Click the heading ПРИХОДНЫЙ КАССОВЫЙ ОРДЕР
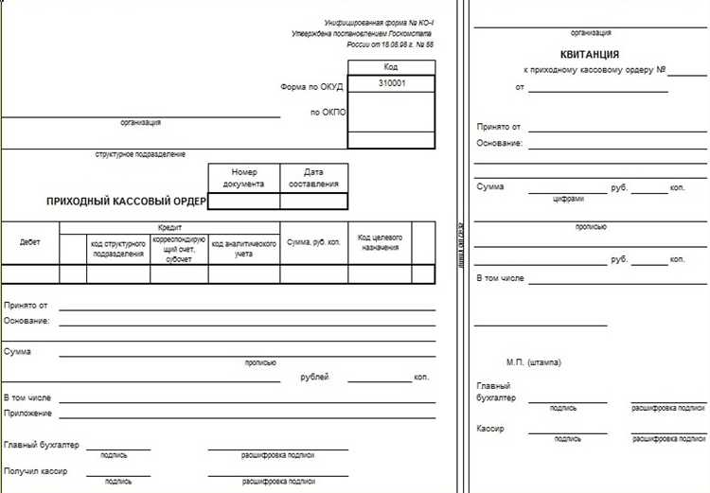127,202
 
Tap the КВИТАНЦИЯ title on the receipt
589,55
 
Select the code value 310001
392,84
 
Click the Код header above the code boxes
392,67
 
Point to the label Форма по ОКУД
311,86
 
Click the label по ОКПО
328,113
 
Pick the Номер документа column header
244,178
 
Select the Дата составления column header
313,178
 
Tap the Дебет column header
30,242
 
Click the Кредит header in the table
169,228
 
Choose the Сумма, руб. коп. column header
313,243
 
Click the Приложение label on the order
27,413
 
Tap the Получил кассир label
36,470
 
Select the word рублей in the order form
314,378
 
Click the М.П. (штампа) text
534,361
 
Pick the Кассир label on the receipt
490,429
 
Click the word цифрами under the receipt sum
568,200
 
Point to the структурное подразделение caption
140,154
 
